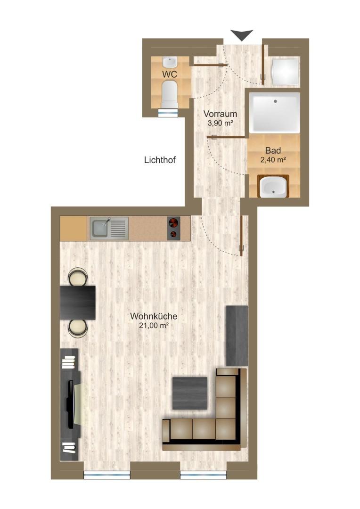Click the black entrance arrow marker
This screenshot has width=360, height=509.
click(x=242, y=35)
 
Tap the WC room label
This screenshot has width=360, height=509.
click(x=170, y=74)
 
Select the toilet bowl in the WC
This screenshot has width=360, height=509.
click(x=169, y=93)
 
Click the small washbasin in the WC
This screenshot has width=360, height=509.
click(x=170, y=62)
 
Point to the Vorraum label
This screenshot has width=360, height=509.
click(x=220, y=114)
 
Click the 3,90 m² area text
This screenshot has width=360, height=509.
click(x=220, y=123)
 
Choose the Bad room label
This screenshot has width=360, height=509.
click(x=273, y=151)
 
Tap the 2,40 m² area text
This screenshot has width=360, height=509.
click(x=273, y=160)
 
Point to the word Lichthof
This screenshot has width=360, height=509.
click(x=160, y=160)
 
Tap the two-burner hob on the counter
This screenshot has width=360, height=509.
click(x=173, y=228)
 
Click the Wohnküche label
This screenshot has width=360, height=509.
click(x=154, y=316)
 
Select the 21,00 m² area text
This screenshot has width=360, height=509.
click(x=154, y=325)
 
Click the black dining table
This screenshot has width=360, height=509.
click(x=78, y=302)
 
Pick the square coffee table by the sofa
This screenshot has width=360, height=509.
click(x=190, y=393)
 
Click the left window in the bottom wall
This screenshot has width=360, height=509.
click(x=106, y=475)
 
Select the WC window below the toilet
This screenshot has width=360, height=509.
click(x=168, y=112)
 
